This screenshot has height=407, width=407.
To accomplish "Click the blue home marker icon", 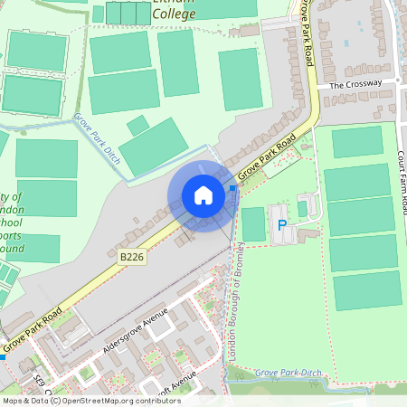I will (x=203, y=195).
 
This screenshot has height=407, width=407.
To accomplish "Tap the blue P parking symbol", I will (x=281, y=224).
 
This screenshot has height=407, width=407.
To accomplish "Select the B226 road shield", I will (x=132, y=258).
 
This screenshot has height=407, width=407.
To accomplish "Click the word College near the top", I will (x=175, y=14).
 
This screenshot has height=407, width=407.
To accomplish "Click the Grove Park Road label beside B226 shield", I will (x=268, y=157).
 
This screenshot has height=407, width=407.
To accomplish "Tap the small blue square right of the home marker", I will (x=232, y=188).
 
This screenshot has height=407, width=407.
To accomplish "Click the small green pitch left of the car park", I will (x=254, y=223).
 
